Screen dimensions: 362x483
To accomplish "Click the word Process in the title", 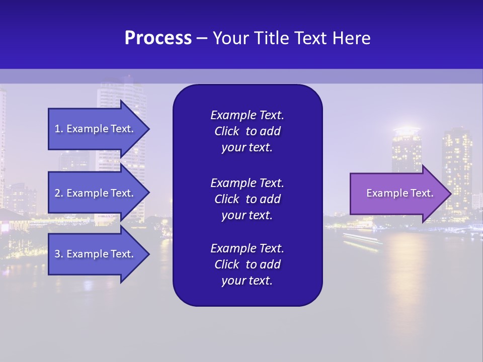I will point(158,38).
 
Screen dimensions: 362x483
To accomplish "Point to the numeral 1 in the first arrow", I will point(57,129).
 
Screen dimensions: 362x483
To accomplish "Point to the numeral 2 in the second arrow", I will point(57,193).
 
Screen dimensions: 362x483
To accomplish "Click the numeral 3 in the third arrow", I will point(57,254).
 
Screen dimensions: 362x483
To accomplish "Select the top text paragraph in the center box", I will point(247,131).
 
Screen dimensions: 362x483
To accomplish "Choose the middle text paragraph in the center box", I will point(247,199).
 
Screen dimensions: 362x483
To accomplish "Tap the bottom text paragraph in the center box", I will point(247,264).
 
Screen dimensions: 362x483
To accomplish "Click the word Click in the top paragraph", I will point(226,131).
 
